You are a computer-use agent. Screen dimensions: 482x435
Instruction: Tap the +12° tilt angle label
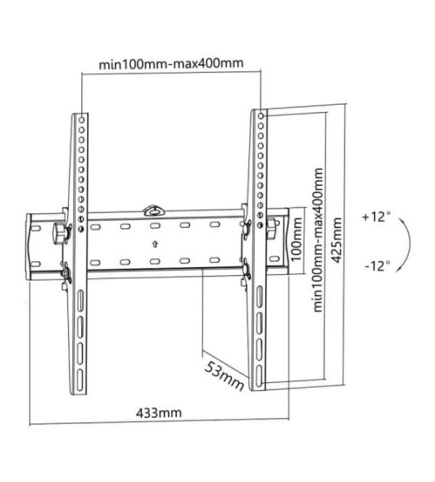point(377,217)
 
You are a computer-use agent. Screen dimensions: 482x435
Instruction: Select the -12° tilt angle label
point(377,265)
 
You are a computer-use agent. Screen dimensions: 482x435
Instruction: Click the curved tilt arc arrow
point(412,241)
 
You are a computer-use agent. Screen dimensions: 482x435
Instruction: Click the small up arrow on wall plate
point(154,243)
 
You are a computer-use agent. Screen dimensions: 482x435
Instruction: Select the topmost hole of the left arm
point(81,118)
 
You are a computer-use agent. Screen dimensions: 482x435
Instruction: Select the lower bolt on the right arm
point(244,268)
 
